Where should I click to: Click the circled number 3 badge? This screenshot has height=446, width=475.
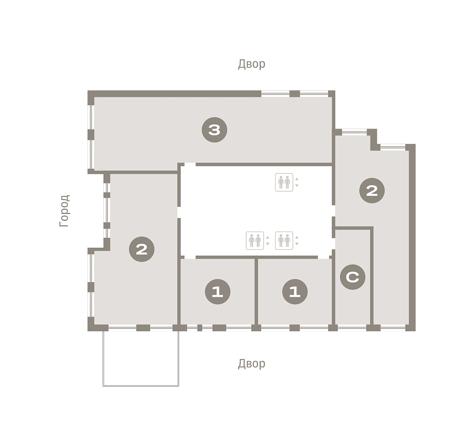pyautogui.click(x=214, y=130)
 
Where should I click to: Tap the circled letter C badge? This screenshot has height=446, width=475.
pyautogui.click(x=353, y=277)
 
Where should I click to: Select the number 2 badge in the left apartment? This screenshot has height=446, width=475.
pyautogui.click(x=142, y=249)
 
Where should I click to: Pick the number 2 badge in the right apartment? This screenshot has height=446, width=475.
pyautogui.click(x=372, y=191)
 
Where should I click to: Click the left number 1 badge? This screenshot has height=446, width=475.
pyautogui.click(x=218, y=292)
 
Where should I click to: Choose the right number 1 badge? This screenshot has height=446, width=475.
pyautogui.click(x=295, y=292)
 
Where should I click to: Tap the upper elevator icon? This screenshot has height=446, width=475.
pyautogui.click(x=284, y=182)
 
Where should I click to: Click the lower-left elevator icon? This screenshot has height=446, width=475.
pyautogui.click(x=255, y=241)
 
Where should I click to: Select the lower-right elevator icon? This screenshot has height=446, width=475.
pyautogui.click(x=284, y=241)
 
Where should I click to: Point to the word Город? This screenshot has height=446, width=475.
pyautogui.click(x=65, y=211)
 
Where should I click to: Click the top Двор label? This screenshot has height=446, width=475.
pyautogui.click(x=252, y=64)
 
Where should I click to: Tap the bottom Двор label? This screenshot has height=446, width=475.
pyautogui.click(x=252, y=364)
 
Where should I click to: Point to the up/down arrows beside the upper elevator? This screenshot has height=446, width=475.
pyautogui.click(x=297, y=182)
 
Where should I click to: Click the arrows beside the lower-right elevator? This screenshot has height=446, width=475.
pyautogui.click(x=297, y=241)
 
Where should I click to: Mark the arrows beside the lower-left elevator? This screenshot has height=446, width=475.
pyautogui.click(x=268, y=241)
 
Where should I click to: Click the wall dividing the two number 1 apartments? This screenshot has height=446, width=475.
pyautogui.click(x=256, y=292)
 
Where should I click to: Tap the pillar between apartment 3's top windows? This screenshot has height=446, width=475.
pyautogui.click(x=294, y=94)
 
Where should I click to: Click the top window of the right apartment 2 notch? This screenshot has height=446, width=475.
pyautogui.click(x=354, y=132)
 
